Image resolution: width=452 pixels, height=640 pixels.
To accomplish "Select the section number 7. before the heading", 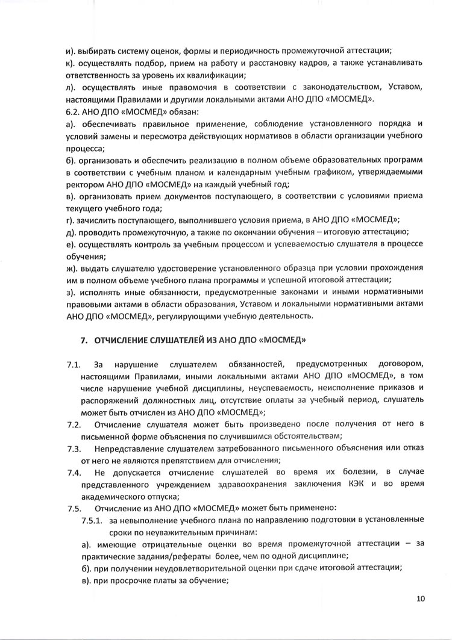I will point(85,341).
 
